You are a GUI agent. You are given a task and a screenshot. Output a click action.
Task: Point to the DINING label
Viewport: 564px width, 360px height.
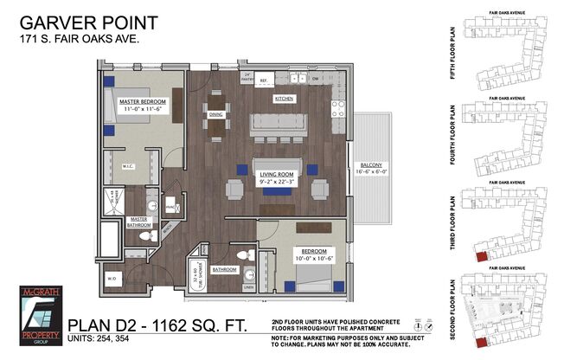tap(216, 113)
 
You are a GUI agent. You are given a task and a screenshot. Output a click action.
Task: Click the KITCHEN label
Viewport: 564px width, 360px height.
tap(285, 100)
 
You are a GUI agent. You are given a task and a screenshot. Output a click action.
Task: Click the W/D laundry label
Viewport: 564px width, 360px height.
tap(111, 279)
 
